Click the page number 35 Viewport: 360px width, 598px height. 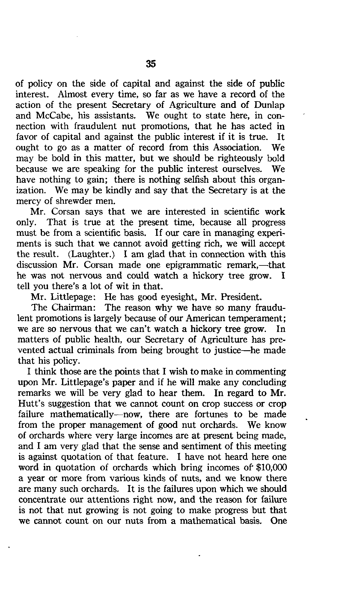point(151,64)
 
